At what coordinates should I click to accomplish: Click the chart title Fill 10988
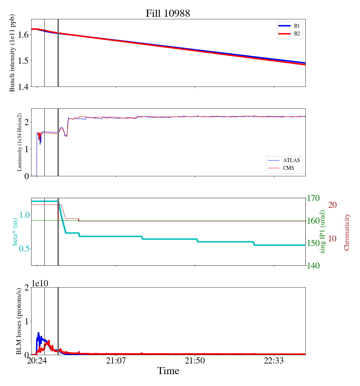(168, 14)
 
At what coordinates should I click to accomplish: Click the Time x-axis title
(168, 371)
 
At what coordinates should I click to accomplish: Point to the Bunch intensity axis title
(12, 53)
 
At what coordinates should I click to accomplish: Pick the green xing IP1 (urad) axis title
(323, 232)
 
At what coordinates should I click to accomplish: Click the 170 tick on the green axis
(314, 198)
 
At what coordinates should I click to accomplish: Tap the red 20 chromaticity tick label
(332, 205)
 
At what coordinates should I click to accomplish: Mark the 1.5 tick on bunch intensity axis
(22, 61)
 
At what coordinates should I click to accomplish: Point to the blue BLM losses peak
(39, 333)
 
